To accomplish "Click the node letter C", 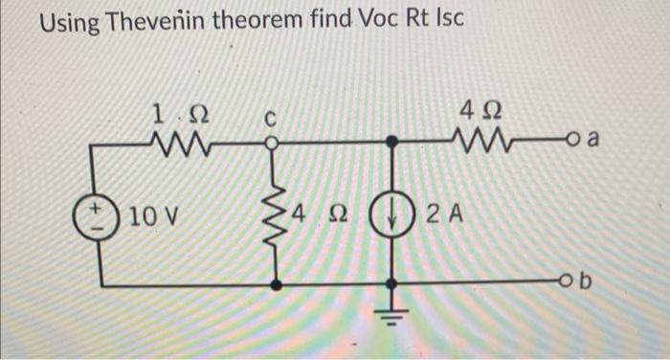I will pyautogui.click(x=271, y=121).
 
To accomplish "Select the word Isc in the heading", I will pyautogui.click(x=443, y=23).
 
